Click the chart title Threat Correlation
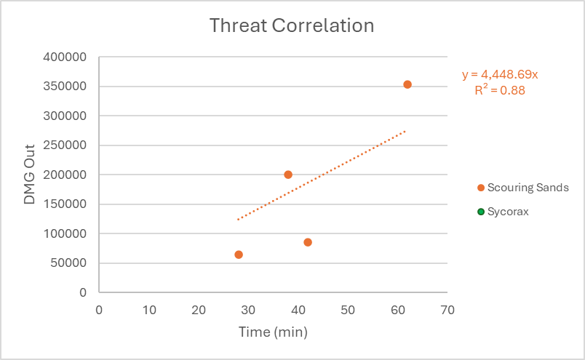pyautogui.click(x=292, y=26)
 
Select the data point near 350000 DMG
pyautogui.click(x=407, y=84)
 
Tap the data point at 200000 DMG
pyautogui.click(x=288, y=175)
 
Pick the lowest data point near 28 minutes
pyautogui.click(x=239, y=255)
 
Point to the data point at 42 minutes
pyautogui.click(x=308, y=242)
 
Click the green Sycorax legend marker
pyautogui.click(x=481, y=212)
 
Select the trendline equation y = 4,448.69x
pyautogui.click(x=500, y=74)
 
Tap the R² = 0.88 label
pyautogui.click(x=499, y=91)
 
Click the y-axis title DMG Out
pyautogui.click(x=30, y=175)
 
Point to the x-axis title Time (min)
pyautogui.click(x=274, y=332)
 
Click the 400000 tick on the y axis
pyautogui.click(x=66, y=57)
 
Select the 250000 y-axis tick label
pyautogui.click(x=66, y=145)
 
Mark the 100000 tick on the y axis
pyautogui.click(x=66, y=233)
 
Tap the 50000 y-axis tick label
pyautogui.click(x=69, y=263)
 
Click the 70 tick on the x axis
pyautogui.click(x=447, y=309)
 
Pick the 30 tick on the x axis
pyautogui.click(x=248, y=309)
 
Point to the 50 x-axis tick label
pyautogui.click(x=348, y=309)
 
